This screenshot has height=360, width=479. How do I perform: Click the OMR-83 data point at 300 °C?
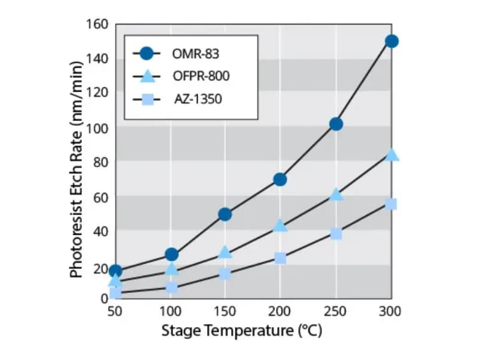pyautogui.click(x=392, y=41)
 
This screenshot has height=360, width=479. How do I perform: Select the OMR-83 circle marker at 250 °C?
pyautogui.click(x=336, y=124)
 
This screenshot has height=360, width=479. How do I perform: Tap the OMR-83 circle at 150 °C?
pyautogui.click(x=225, y=214)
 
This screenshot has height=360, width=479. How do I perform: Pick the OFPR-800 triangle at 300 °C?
pyautogui.click(x=392, y=155)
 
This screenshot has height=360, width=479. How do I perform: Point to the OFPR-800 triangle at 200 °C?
pyautogui.click(x=280, y=226)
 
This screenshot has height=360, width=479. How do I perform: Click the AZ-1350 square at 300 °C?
pyautogui.click(x=392, y=204)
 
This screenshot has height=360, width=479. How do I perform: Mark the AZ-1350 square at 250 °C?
pyautogui.click(x=336, y=234)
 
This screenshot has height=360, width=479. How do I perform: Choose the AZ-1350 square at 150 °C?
pyautogui.click(x=225, y=274)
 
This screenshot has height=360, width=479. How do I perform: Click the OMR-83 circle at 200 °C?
pyautogui.click(x=280, y=180)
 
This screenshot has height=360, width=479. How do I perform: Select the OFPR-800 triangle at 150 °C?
pyautogui.click(x=225, y=252)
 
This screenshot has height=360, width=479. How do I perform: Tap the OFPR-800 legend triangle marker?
pyautogui.click(x=147, y=76)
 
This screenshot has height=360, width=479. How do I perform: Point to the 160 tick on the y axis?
pyautogui.click(x=98, y=25)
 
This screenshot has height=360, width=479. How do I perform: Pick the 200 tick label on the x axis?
pyautogui.click(x=280, y=311)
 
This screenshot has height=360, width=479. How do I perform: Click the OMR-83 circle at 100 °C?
pyautogui.click(x=171, y=255)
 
